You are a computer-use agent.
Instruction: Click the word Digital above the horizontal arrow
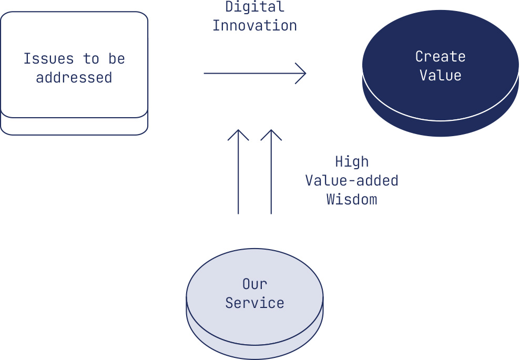point(254,7)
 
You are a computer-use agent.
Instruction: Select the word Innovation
point(254,26)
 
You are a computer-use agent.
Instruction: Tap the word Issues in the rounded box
point(48,59)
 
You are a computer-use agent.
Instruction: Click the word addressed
point(74,78)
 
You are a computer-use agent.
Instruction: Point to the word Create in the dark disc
point(441,56)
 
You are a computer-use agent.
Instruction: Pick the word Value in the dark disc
point(441,75)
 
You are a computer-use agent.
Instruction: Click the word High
point(352,161)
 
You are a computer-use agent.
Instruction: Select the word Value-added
point(352,181)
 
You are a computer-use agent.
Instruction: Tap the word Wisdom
point(352,200)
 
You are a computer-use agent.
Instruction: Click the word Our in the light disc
point(254,284)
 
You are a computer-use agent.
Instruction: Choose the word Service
point(254,303)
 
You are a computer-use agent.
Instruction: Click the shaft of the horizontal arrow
point(254,73)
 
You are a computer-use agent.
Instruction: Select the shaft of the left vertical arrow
point(238,172)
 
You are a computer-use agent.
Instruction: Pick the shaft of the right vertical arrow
point(271,172)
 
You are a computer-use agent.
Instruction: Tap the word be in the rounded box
point(116,59)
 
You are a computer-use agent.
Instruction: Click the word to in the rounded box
point(91,59)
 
